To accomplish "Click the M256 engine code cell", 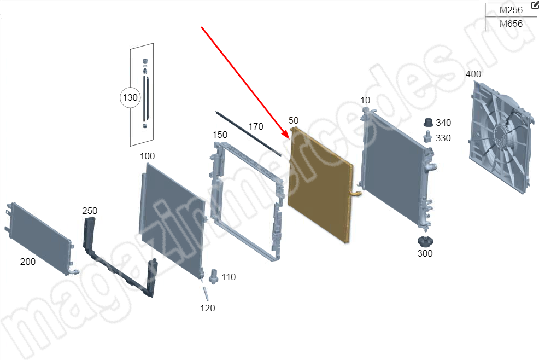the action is pyautogui.click(x=511, y=10).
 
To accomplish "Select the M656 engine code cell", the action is pyautogui.click(x=511, y=24).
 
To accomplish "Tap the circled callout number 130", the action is pyautogui.click(x=130, y=98).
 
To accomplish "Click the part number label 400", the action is pyautogui.click(x=473, y=74).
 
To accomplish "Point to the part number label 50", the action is pyautogui.click(x=293, y=120).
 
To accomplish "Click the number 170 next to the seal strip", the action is pyautogui.click(x=256, y=126).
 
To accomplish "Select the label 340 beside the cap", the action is pyautogui.click(x=443, y=123).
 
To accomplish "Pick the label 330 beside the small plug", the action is pyautogui.click(x=443, y=138).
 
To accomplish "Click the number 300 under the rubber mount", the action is pyautogui.click(x=425, y=254).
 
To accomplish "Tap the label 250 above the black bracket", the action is pyautogui.click(x=90, y=211).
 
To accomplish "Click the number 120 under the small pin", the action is pyautogui.click(x=208, y=308).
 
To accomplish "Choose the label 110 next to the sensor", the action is pyautogui.click(x=229, y=277).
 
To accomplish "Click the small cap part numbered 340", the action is pyautogui.click(x=429, y=123).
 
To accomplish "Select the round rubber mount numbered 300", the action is pyautogui.click(x=425, y=241).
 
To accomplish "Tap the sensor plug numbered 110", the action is pyautogui.click(x=214, y=276).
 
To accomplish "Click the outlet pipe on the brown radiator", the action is pyautogui.click(x=356, y=194).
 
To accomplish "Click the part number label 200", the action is pyautogui.click(x=28, y=262).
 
